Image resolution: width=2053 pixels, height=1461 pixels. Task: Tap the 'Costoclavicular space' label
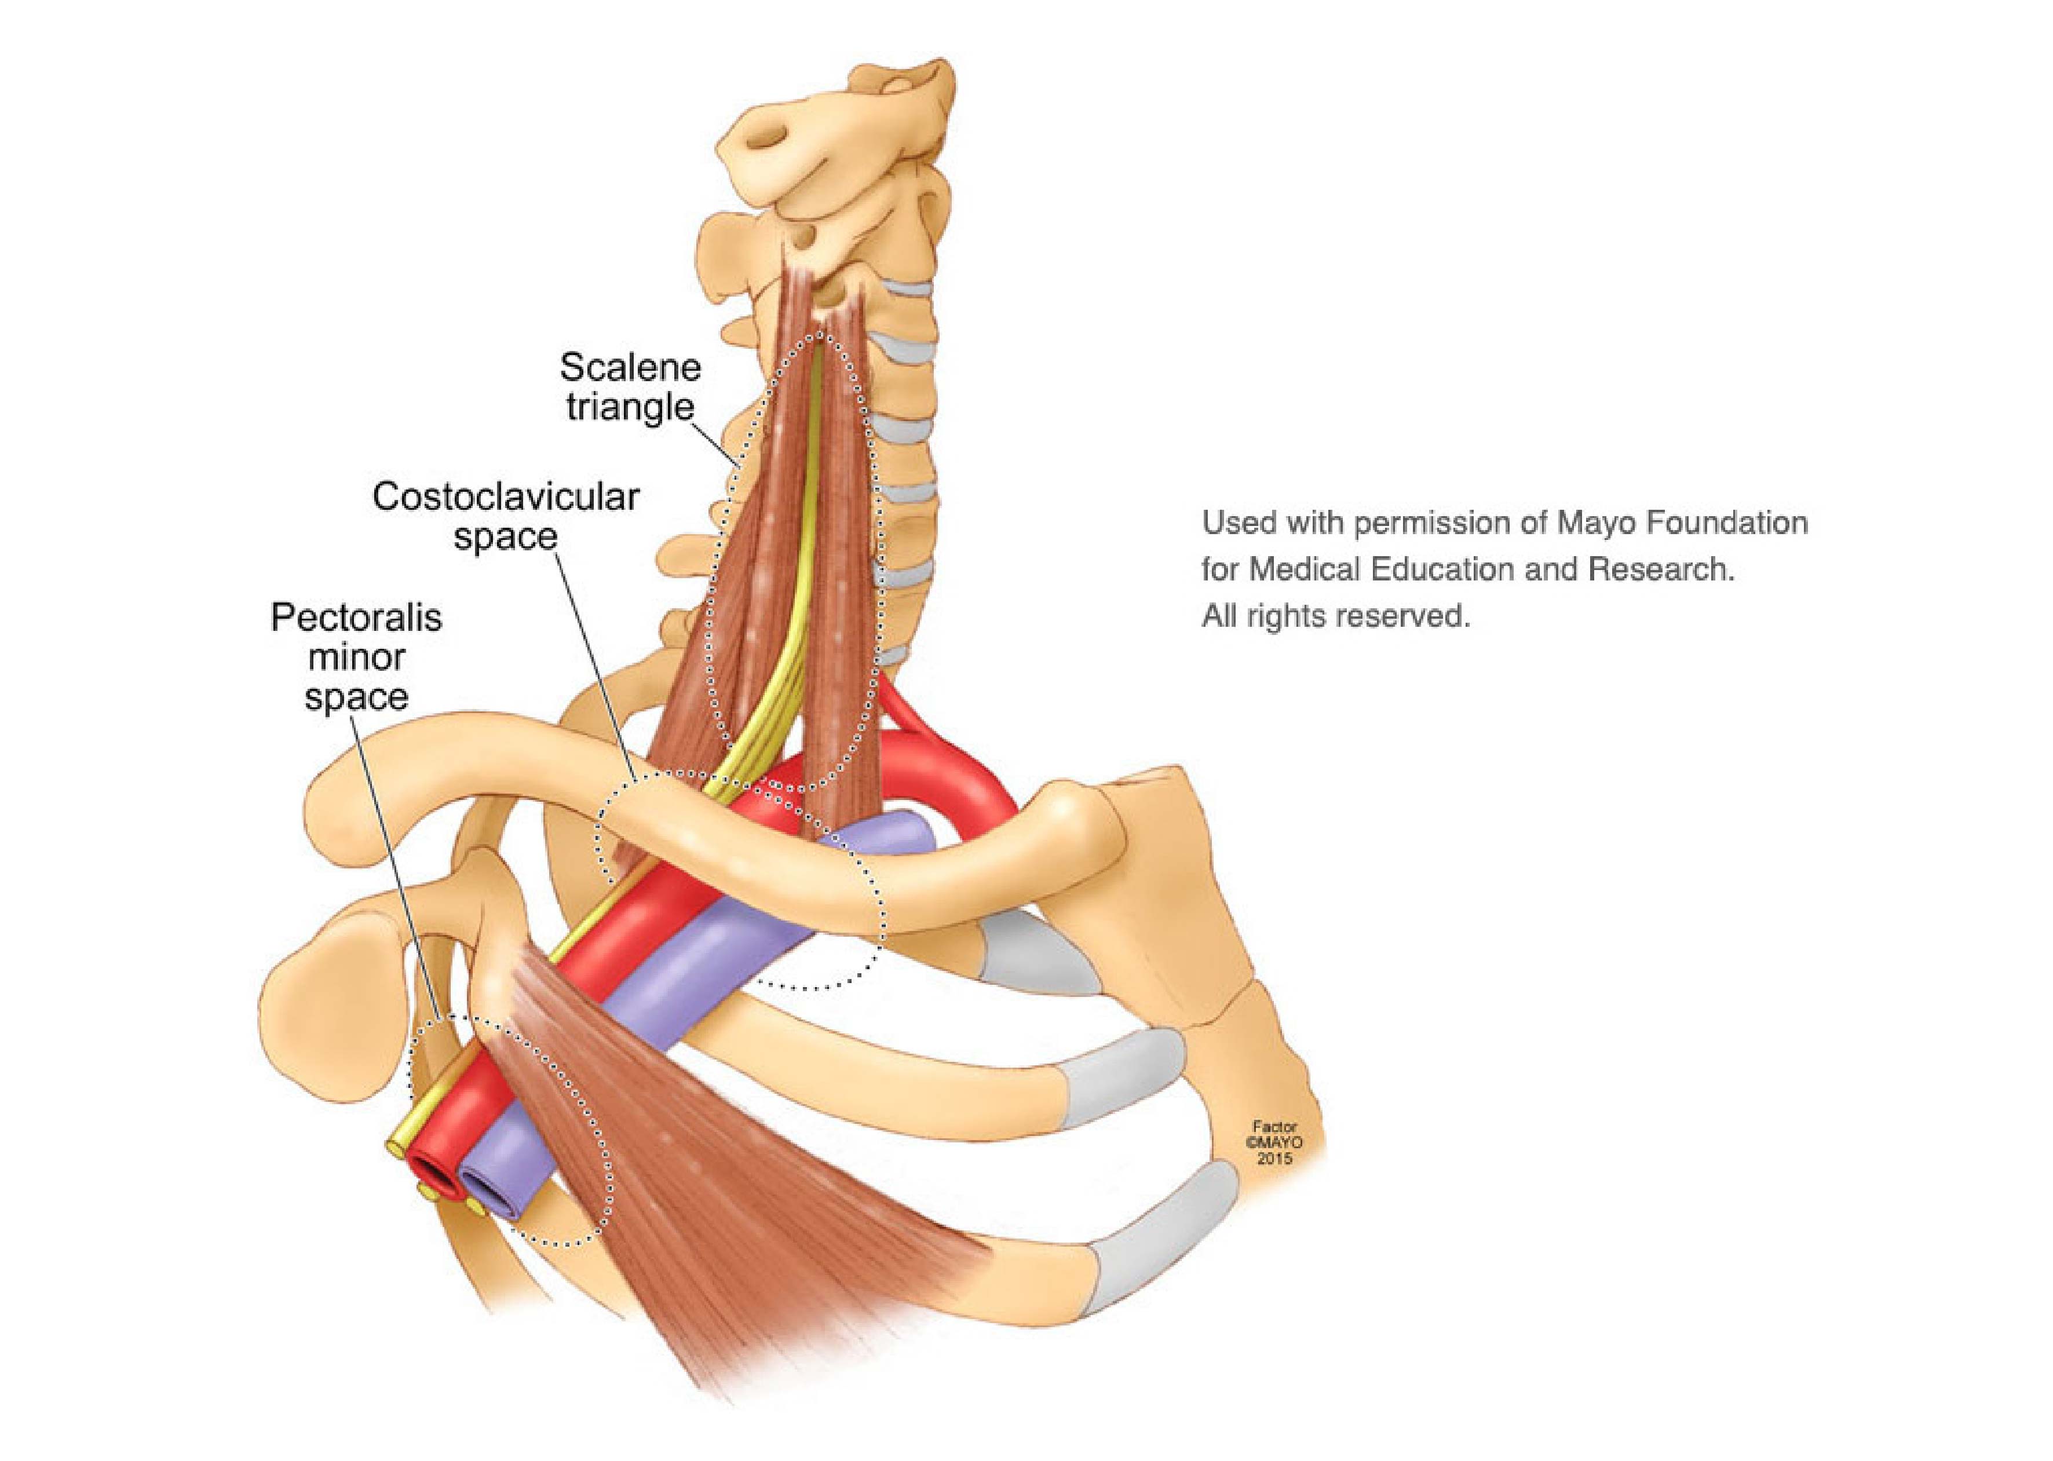point(506,516)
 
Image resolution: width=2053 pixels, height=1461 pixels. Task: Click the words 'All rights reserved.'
point(1336,617)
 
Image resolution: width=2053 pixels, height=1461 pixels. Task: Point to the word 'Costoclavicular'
point(506,496)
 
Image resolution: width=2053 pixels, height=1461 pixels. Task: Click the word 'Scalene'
point(630,367)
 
